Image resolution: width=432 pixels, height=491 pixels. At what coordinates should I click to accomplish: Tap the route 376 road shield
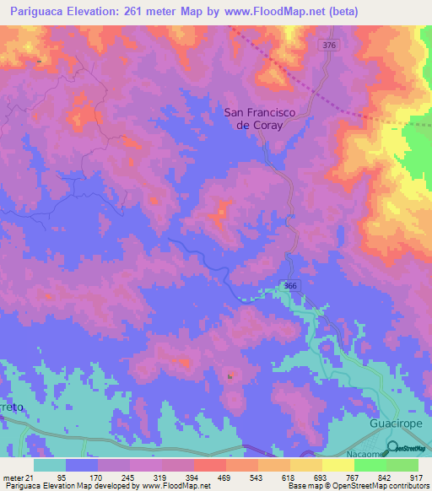328,45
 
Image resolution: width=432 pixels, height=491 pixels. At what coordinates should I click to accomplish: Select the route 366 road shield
289,286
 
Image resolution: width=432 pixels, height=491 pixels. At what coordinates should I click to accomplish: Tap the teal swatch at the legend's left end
50,465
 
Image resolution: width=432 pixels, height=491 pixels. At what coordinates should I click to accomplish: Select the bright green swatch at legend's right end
402,465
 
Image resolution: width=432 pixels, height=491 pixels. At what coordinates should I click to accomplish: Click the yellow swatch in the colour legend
338,465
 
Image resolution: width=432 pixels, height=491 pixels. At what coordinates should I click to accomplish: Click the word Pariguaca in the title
33,12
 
